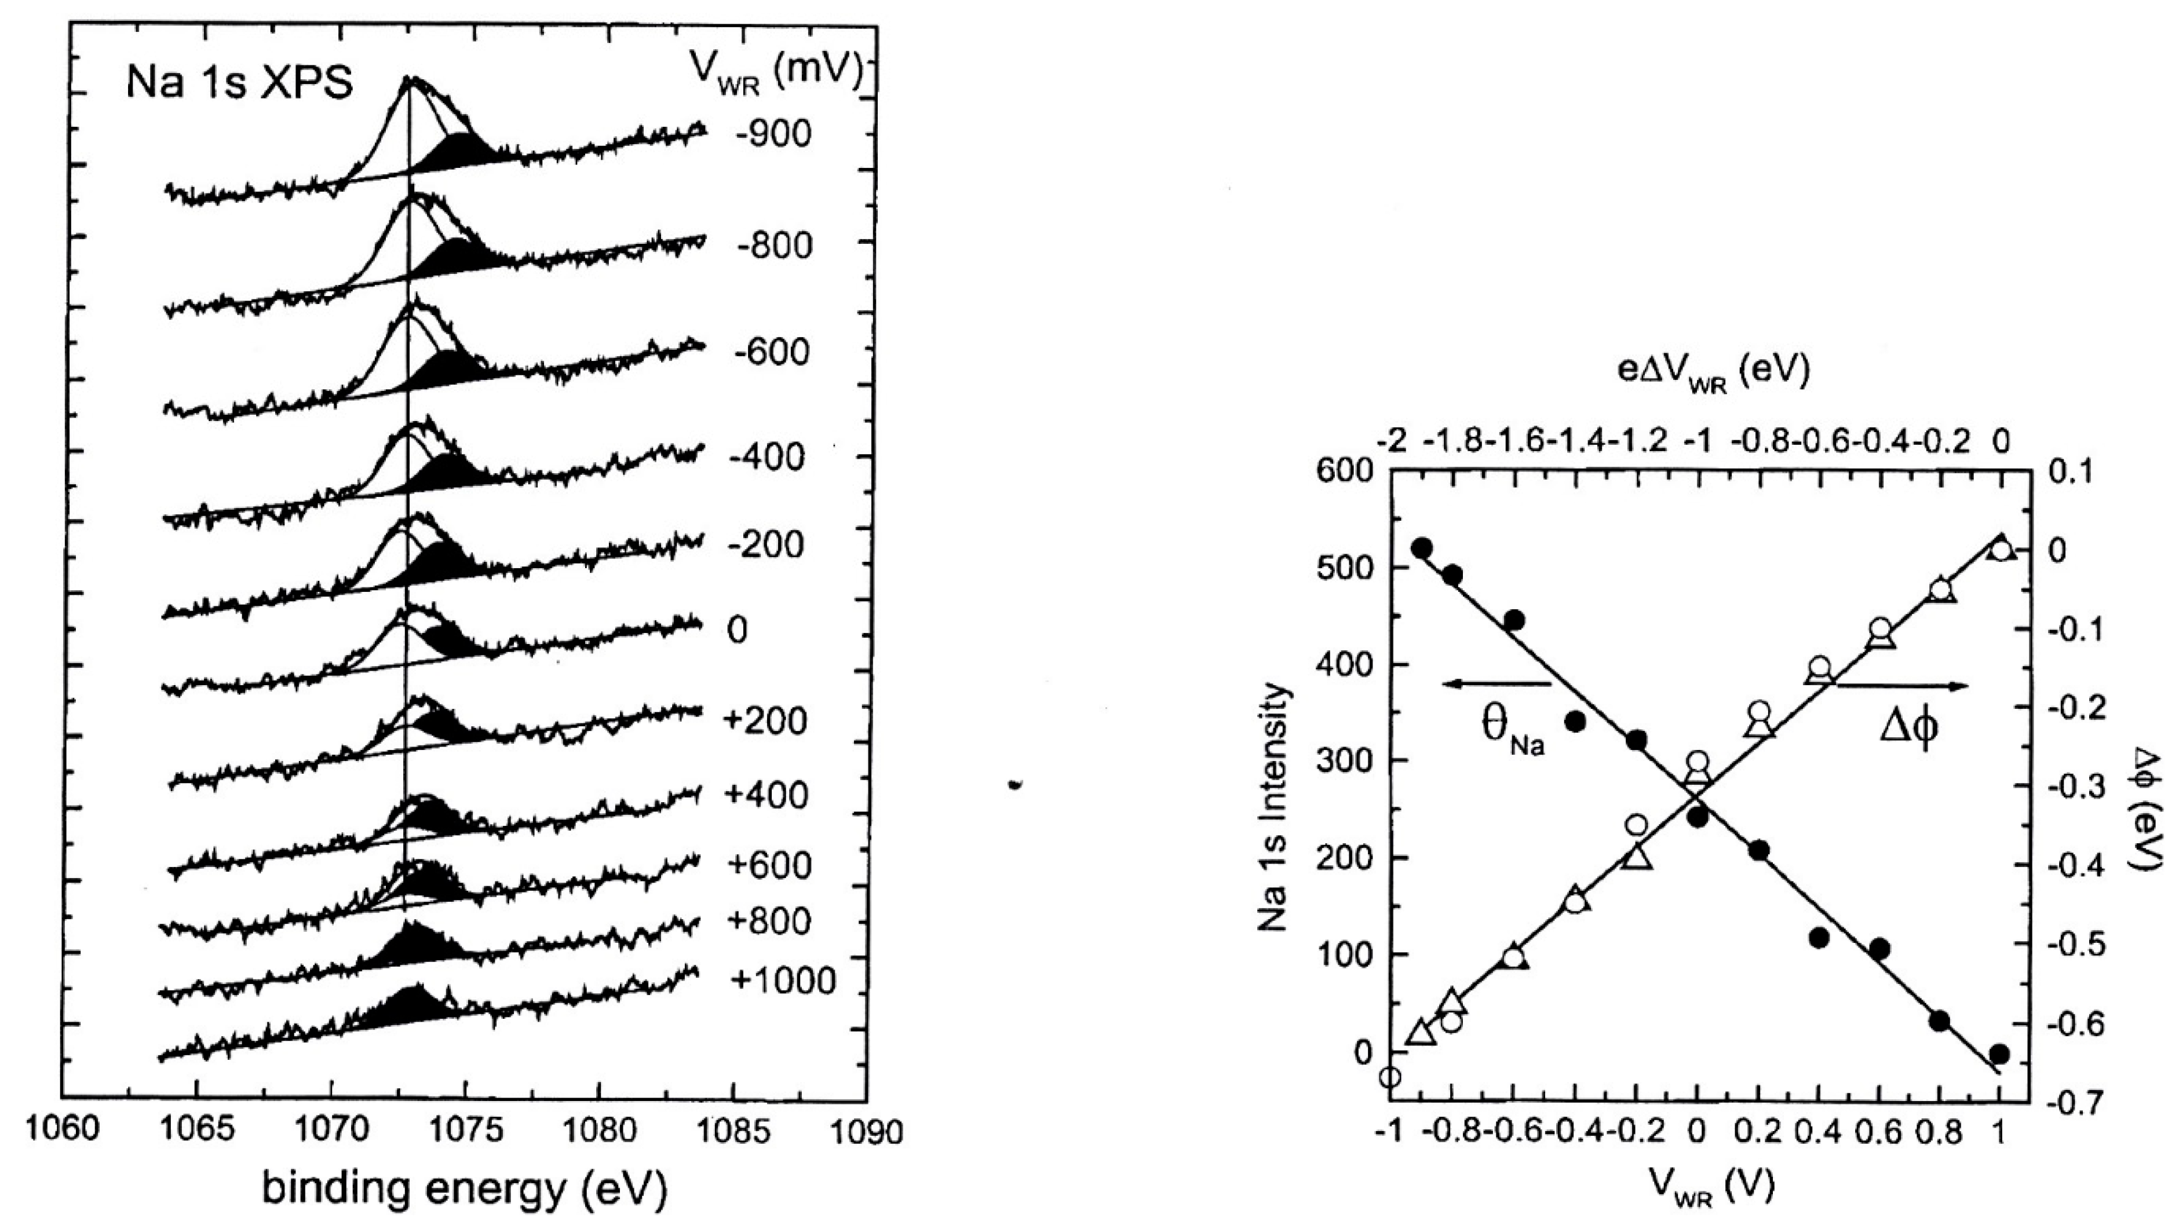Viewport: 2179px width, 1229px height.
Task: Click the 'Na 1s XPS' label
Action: (239, 84)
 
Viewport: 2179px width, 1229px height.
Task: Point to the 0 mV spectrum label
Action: (737, 630)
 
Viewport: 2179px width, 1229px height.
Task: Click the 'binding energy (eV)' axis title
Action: (465, 1188)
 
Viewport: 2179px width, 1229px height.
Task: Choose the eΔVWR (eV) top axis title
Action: (1714, 372)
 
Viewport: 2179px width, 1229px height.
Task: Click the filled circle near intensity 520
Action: (1421, 548)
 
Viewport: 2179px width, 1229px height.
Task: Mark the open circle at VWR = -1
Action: (1390, 1077)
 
